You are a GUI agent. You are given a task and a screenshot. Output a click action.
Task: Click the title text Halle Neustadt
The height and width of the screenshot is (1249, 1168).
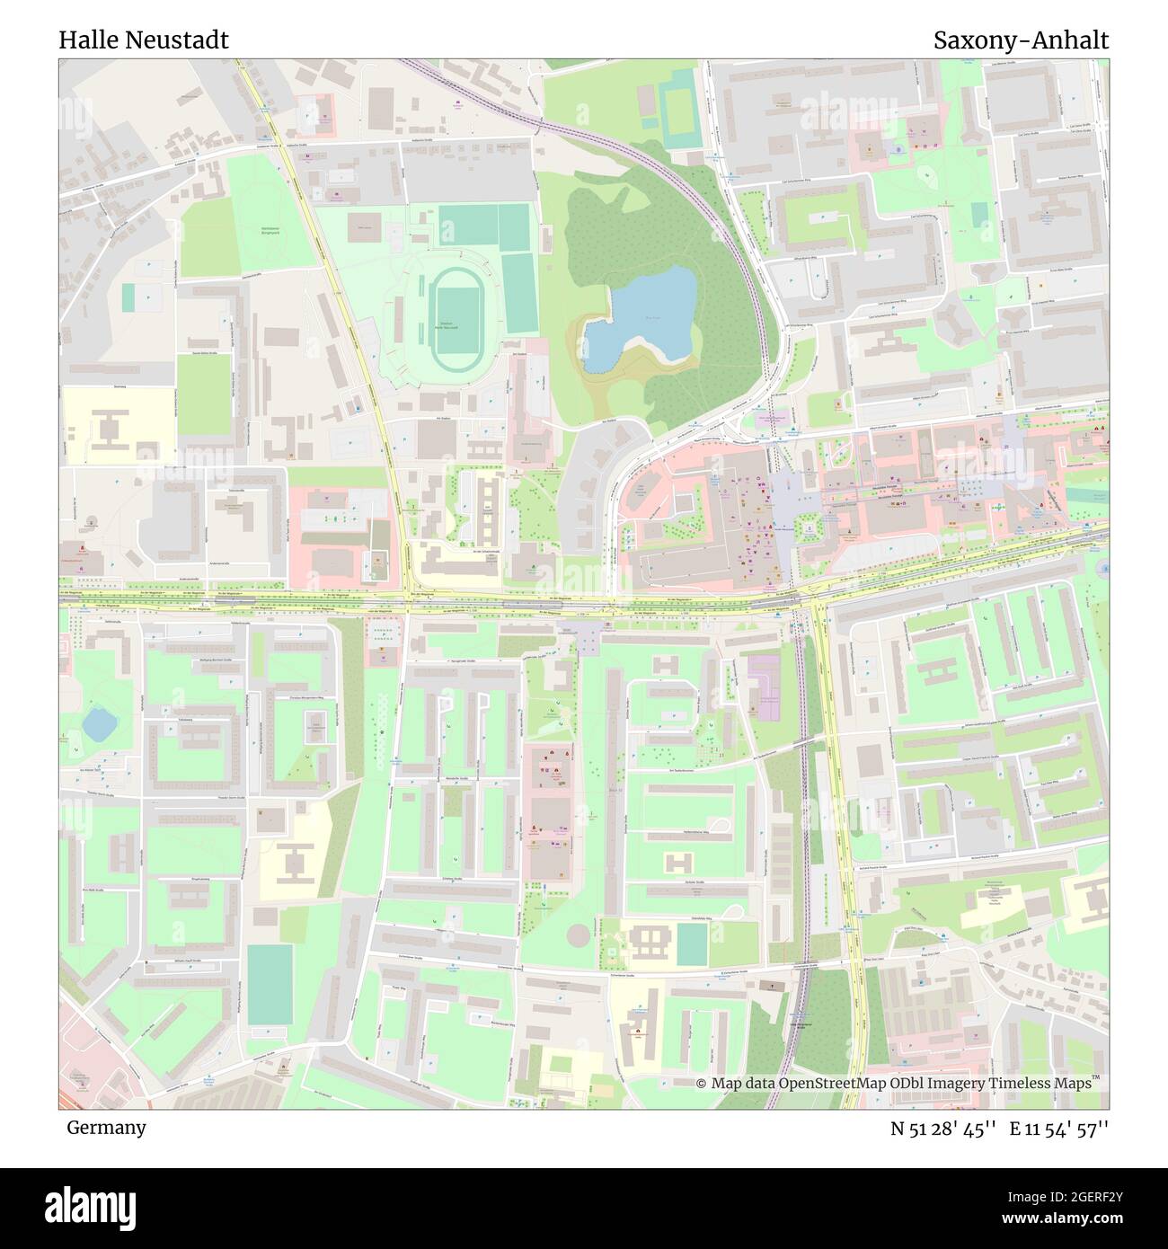pos(144,40)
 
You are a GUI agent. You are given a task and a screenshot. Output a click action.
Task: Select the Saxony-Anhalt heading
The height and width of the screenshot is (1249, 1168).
pos(1021,40)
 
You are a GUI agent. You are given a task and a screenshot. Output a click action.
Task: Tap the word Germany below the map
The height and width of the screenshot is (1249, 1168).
pos(106,1127)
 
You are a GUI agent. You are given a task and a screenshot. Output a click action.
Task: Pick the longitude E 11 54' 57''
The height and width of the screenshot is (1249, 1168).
pos(1059,1129)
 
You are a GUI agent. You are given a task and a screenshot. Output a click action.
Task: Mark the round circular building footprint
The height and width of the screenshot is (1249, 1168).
pos(580,935)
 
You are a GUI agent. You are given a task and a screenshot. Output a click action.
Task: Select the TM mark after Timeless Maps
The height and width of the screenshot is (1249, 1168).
pos(1096,1079)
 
